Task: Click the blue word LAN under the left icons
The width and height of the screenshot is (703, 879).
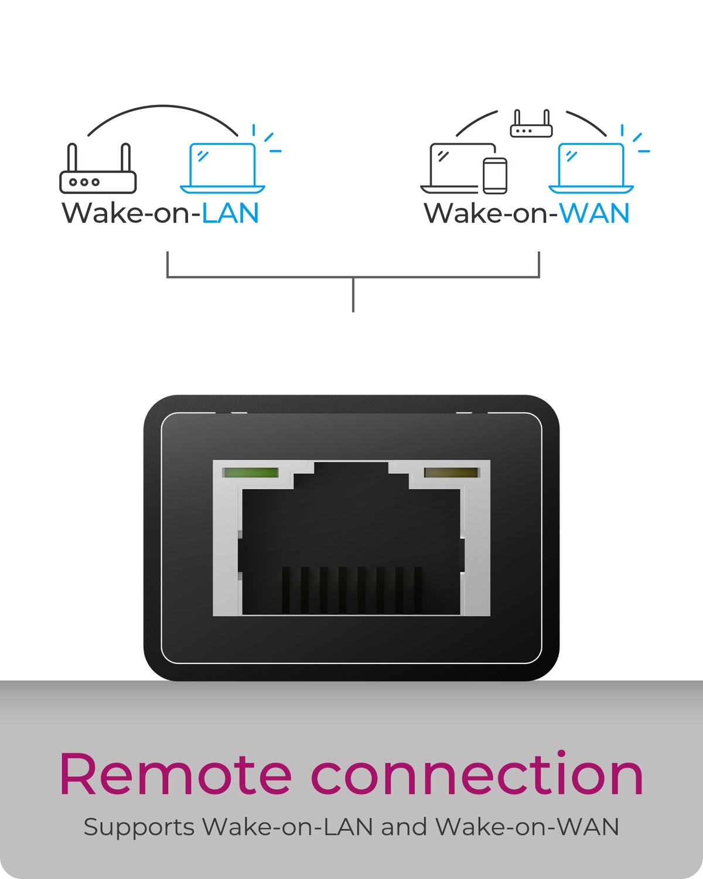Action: coord(231,213)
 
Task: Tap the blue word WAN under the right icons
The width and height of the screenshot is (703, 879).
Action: coord(595,213)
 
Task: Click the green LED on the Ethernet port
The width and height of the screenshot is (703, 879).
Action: coord(251,472)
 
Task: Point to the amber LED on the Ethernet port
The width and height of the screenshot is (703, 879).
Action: coord(451,472)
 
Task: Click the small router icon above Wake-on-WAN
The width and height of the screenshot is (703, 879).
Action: coord(531,123)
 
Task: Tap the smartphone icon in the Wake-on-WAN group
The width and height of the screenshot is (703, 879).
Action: coord(495,176)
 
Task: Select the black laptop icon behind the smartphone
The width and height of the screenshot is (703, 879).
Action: coord(458,168)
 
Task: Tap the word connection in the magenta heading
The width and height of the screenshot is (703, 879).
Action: coord(477,775)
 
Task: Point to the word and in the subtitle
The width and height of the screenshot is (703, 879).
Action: coord(404,827)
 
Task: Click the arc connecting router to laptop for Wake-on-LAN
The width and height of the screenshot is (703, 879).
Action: coord(163,106)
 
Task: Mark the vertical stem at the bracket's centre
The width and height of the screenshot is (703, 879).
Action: coord(353,295)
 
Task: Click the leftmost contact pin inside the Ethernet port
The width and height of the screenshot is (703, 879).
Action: coord(286,590)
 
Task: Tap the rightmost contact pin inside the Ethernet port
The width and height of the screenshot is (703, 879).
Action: coord(418,590)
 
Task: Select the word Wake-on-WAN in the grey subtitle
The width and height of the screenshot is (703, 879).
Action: coord(527,827)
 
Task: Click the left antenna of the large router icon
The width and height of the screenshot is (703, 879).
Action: coord(72,157)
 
